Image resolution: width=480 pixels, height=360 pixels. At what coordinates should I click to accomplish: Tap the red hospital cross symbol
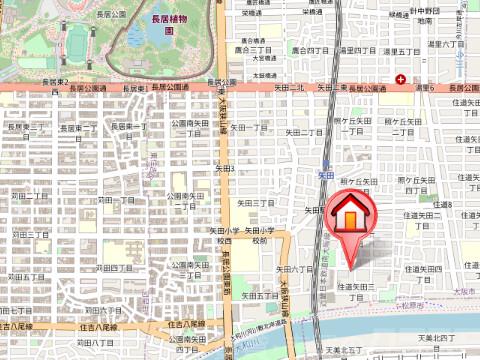[x=401, y=79]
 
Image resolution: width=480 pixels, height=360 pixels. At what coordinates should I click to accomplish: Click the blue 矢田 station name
[x=325, y=175]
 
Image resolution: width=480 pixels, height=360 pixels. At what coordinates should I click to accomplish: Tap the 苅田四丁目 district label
[x=113, y=268]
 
